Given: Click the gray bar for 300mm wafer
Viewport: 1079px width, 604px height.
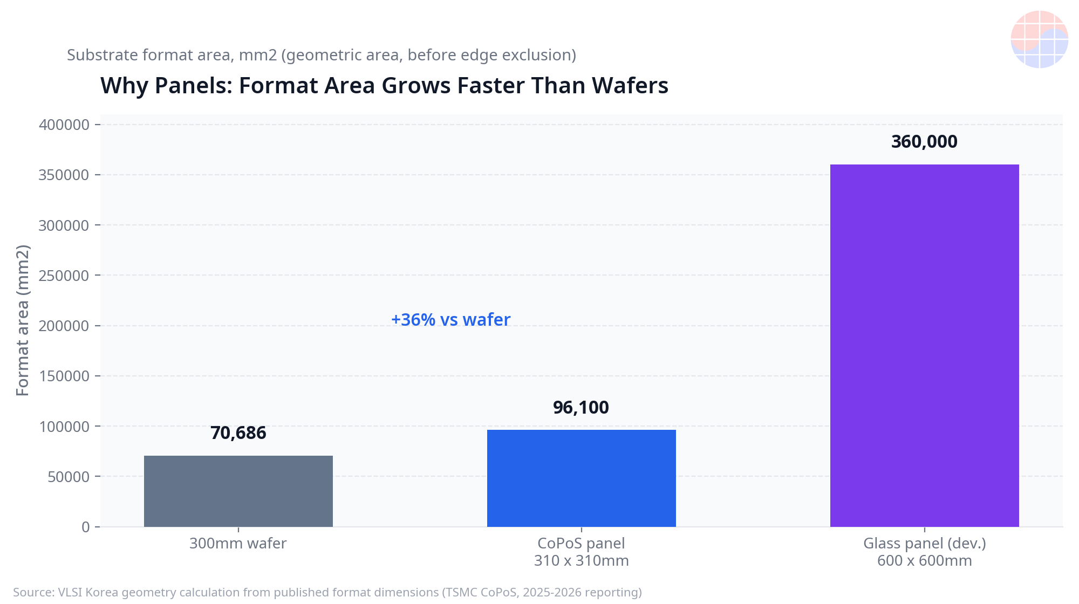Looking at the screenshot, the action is click(238, 491).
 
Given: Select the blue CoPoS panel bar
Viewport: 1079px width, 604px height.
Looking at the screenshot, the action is click(582, 478).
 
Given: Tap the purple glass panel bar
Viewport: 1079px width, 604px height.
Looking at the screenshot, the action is click(925, 346).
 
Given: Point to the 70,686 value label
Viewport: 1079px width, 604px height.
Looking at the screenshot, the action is click(238, 433).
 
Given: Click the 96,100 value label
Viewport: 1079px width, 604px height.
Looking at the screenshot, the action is click(581, 408).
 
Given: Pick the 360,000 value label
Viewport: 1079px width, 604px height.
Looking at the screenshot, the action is click(924, 142).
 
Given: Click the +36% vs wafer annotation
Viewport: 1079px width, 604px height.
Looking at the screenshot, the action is click(450, 320).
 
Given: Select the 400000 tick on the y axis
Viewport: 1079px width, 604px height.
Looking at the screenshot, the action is click(64, 125).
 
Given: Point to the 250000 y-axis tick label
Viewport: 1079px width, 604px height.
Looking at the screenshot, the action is click(64, 276).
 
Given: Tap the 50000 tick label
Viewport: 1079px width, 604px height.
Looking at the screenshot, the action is click(69, 477).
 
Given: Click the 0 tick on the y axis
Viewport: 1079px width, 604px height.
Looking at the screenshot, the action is click(86, 527).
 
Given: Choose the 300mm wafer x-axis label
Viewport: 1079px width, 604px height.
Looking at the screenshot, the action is click(238, 543).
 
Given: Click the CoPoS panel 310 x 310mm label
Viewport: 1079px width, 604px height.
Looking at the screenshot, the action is click(582, 552).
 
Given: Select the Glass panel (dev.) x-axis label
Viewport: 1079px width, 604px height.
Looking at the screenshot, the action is click(925, 552).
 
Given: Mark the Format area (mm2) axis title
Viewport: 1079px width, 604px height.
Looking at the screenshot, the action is click(23, 320).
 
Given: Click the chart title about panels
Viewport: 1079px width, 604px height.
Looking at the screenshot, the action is click(384, 86).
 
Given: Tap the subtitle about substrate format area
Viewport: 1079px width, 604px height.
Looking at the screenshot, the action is click(322, 55).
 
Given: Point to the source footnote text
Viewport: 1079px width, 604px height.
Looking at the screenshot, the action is click(327, 592).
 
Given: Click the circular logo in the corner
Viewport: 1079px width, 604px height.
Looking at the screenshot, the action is click(1040, 39).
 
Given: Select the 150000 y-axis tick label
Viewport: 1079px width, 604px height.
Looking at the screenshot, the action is click(64, 376).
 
